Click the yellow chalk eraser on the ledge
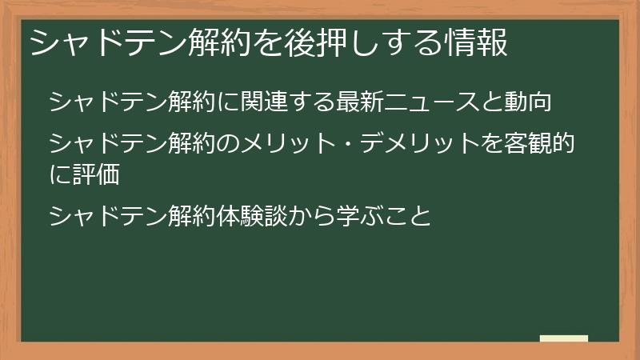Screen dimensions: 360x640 click(564, 339)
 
